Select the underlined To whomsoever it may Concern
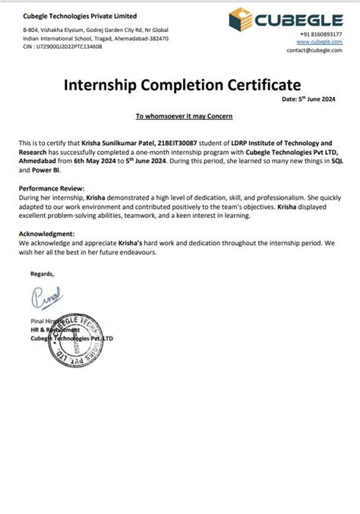click(x=179, y=115)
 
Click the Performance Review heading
click(x=52, y=187)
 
